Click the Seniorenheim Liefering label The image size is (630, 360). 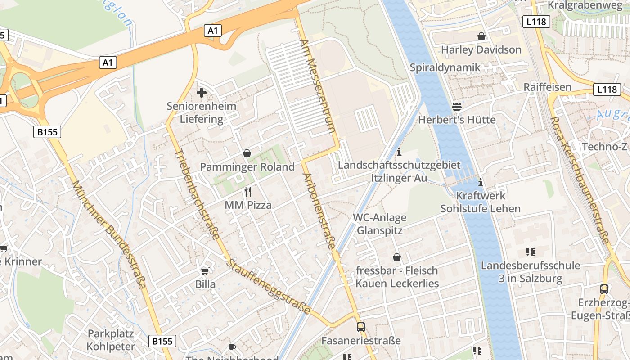click(x=201, y=112)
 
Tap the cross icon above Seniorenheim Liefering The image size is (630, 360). click(x=202, y=93)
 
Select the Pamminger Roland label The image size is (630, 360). click(x=247, y=167)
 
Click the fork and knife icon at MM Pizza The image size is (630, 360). click(x=247, y=192)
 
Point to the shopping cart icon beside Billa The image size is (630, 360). click(x=205, y=270)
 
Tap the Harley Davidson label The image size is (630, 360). click(x=481, y=49)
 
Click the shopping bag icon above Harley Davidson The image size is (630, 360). click(x=481, y=36)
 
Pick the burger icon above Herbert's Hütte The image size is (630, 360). click(x=457, y=107)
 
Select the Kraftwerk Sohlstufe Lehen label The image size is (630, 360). click(x=481, y=202)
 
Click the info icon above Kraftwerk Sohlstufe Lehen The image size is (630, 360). click(x=481, y=182)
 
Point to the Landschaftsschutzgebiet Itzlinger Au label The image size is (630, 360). click(x=399, y=171)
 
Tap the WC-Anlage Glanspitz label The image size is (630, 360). click(x=379, y=224)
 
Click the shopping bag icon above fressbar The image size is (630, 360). click(x=397, y=257)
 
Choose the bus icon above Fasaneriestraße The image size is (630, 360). click(x=360, y=327)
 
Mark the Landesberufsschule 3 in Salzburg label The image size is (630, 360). click(x=530, y=272)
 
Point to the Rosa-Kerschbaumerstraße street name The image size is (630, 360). click(x=580, y=180)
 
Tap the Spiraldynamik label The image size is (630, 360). click(x=445, y=67)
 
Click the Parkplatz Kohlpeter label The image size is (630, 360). click(x=111, y=340)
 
